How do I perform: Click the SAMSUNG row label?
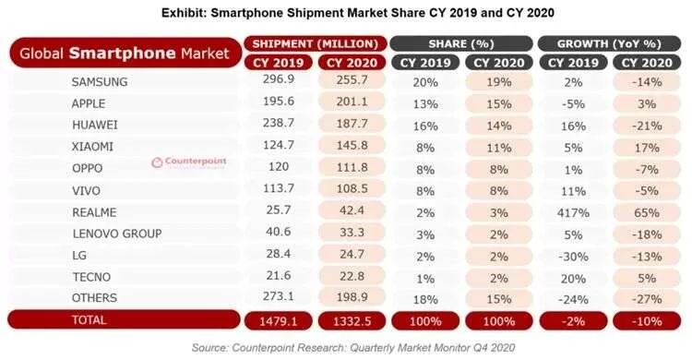[100, 82]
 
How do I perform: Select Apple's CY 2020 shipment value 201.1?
[352, 102]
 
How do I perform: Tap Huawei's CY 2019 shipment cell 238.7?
[278, 123]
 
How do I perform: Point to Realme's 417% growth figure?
[573, 212]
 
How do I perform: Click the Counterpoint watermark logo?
[188, 162]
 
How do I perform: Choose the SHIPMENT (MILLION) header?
[316, 43]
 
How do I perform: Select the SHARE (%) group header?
[460, 43]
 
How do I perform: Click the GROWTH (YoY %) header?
[609, 43]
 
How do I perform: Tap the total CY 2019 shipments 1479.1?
[278, 320]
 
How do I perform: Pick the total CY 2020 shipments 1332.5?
[352, 320]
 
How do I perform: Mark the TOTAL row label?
[89, 319]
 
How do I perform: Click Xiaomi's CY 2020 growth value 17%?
[647, 147]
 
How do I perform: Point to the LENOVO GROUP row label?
[117, 234]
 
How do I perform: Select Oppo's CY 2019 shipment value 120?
[278, 166]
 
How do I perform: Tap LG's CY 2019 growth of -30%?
[573, 257]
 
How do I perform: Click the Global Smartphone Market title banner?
[125, 53]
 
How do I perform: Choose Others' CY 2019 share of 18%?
[425, 299]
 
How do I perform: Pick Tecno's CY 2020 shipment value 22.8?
[352, 276]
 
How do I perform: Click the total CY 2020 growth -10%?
[647, 320]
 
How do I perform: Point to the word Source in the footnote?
[209, 348]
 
